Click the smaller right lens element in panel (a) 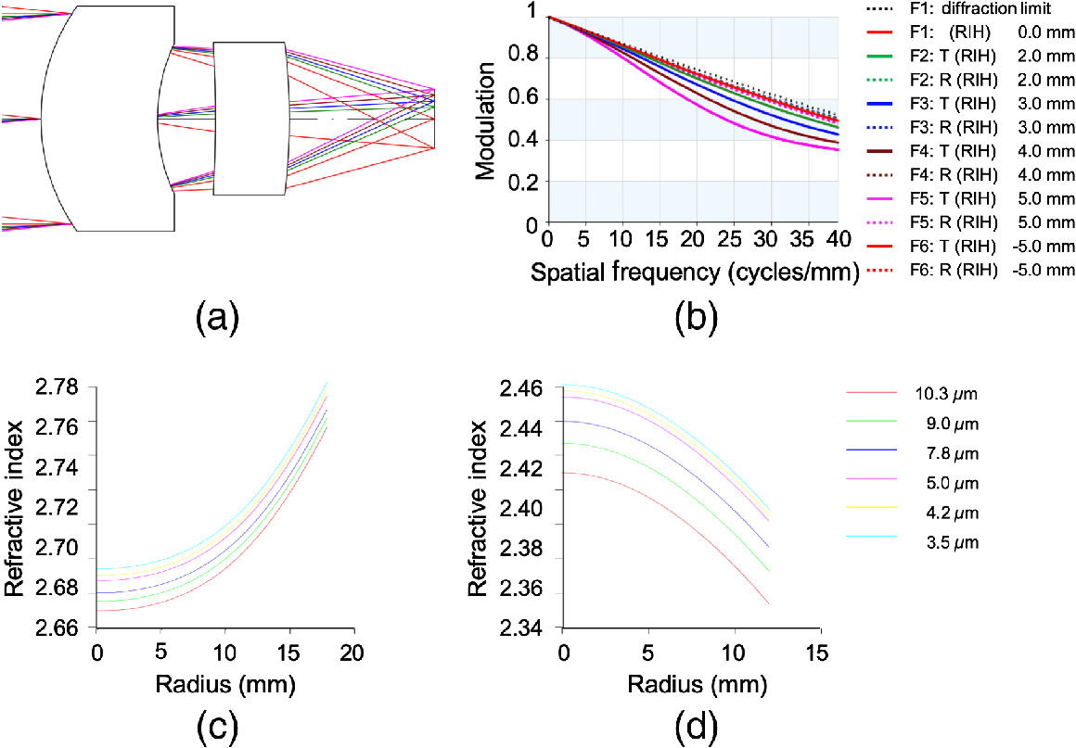pos(250,118)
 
